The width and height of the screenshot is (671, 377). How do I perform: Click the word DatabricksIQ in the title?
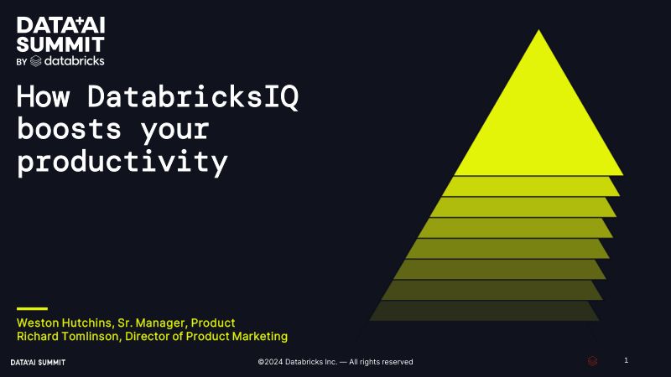(193, 96)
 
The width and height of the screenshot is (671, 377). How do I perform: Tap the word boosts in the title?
(70, 129)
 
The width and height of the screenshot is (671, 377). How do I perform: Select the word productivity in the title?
(122, 162)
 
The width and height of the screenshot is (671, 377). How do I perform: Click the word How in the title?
(44, 96)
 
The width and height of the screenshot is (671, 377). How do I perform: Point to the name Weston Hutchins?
(65, 323)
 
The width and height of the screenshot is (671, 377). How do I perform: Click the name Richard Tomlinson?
(69, 337)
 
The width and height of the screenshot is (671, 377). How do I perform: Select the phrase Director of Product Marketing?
(206, 337)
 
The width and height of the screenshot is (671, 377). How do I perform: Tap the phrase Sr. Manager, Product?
(176, 323)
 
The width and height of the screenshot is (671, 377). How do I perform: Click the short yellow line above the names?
(32, 308)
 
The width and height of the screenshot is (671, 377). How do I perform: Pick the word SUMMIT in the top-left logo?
(60, 44)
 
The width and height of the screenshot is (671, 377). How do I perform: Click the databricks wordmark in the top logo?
(74, 60)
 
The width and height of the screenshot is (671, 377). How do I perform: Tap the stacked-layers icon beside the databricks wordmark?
(36, 61)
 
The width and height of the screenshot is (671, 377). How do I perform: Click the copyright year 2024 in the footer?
(274, 362)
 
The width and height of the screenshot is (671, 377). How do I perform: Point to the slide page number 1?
(626, 360)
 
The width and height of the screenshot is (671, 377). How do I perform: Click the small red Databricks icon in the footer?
(592, 361)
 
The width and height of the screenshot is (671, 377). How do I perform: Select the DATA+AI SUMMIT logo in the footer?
(38, 363)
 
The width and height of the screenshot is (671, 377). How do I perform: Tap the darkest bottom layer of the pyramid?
(484, 311)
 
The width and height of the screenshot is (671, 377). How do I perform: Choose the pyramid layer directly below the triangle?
(531, 186)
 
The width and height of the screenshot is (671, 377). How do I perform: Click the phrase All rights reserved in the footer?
(381, 362)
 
